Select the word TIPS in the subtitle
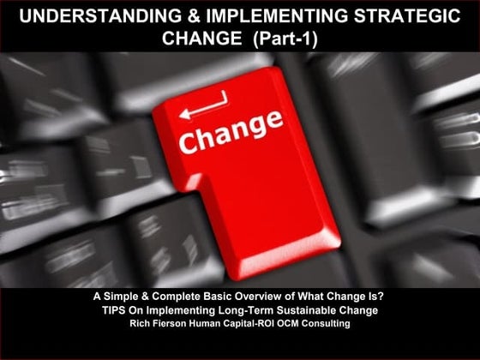click(114, 309)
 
